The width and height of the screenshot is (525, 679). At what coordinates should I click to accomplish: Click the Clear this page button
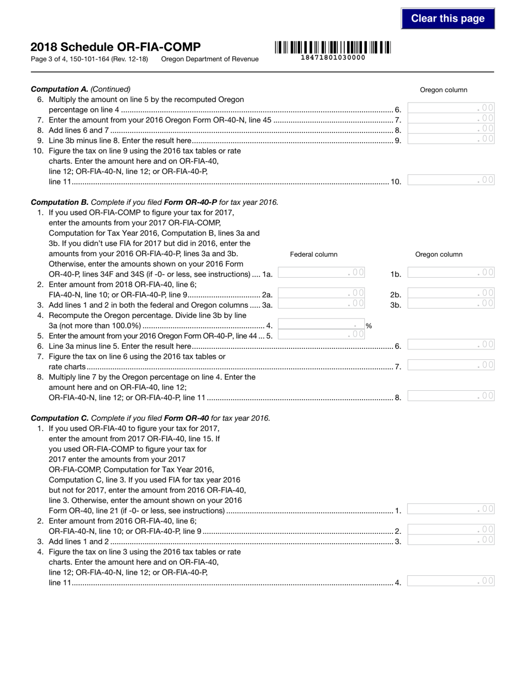tap(448, 19)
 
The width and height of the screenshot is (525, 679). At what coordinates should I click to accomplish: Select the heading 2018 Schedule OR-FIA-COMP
tap(116, 47)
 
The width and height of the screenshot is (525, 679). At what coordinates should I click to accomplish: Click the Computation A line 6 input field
tap(451, 108)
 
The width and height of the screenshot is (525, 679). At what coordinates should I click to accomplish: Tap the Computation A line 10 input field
tap(451, 180)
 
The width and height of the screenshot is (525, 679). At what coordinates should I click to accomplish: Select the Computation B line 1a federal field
tap(321, 273)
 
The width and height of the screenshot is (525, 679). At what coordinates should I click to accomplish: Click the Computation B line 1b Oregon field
tap(451, 273)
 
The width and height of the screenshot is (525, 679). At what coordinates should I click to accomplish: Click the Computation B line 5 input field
tap(321, 335)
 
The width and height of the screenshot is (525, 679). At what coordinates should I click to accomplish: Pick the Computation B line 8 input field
tap(451, 396)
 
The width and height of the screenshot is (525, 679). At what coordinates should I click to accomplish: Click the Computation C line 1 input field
tap(451, 509)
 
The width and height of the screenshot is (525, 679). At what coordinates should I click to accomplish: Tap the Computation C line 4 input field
tap(451, 581)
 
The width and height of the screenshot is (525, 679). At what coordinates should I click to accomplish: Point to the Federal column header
tap(313, 254)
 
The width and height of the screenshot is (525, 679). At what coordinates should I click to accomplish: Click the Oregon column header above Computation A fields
tap(443, 90)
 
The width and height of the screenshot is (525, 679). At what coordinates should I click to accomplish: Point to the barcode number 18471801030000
tap(332, 57)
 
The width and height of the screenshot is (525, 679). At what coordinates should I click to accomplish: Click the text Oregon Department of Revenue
tap(209, 59)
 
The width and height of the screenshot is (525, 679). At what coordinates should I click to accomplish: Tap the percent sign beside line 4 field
tap(369, 326)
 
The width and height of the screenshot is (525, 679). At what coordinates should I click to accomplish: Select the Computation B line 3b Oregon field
tap(451, 304)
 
